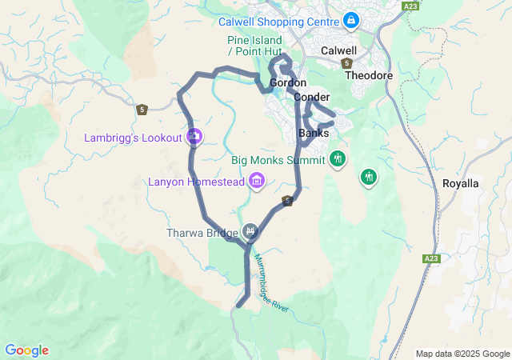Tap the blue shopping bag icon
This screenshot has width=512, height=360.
(350, 19)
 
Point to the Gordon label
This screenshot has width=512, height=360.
(288, 83)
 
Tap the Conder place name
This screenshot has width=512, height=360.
(312, 97)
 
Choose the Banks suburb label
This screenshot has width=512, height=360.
(314, 133)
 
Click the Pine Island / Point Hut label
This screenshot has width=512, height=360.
(255, 46)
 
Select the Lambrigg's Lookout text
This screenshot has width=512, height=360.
(134, 138)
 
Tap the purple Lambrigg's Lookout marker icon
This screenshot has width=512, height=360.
(194, 137)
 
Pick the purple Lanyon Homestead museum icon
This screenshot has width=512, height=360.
(257, 181)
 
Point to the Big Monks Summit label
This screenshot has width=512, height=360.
(278, 160)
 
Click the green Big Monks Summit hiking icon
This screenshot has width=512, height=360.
(338, 158)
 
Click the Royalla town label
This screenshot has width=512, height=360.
(460, 183)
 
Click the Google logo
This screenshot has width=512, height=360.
(26, 350)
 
